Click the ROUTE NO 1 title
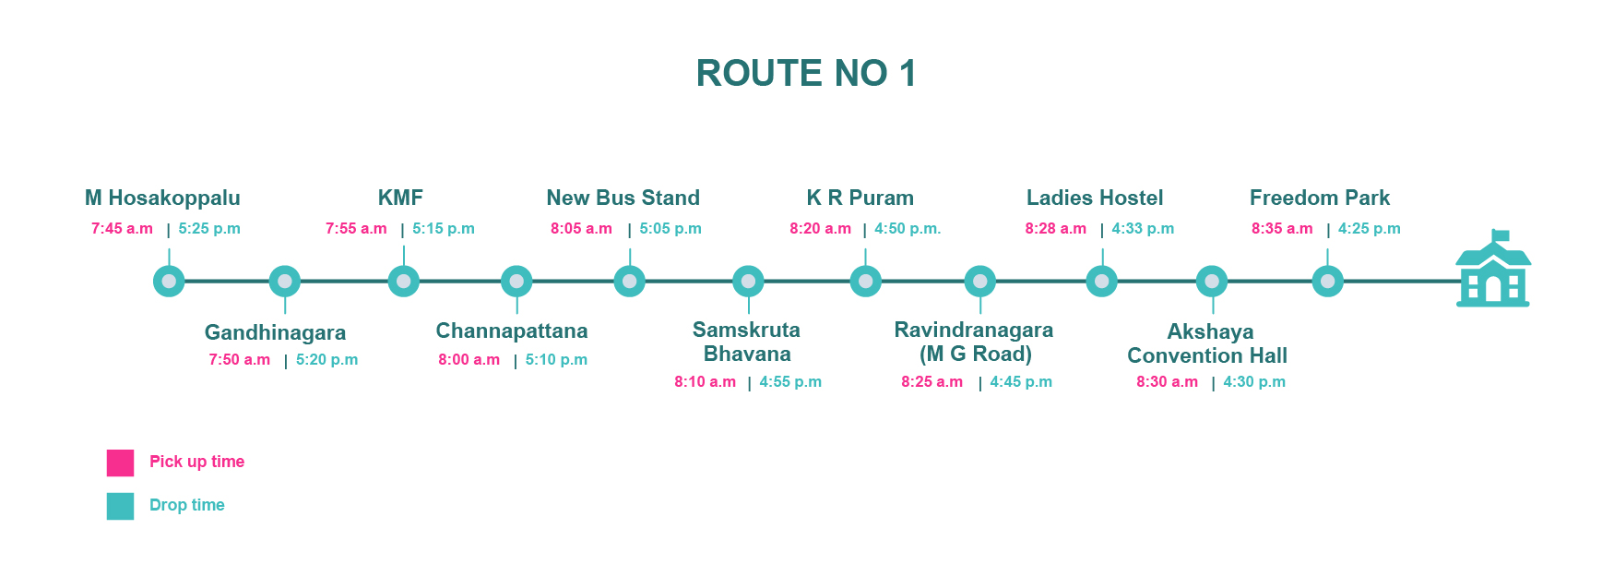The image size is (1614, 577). point(806,73)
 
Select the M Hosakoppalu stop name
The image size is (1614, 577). point(162,198)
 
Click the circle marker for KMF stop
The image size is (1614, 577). point(403,281)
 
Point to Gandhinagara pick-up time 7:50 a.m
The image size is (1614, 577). point(240,360)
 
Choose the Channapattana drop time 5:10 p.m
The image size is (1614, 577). point(556,360)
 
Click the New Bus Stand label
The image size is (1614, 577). point(623,198)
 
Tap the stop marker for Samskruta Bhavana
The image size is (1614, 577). point(748,281)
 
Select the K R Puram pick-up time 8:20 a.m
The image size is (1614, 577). point(820,229)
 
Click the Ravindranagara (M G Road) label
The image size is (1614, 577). point(974,342)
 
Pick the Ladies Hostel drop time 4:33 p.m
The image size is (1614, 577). point(1143,229)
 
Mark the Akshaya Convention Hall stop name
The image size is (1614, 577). point(1207,343)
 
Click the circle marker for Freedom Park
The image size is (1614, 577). point(1327,281)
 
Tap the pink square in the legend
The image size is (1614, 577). point(120,463)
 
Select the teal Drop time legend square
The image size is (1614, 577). point(120,506)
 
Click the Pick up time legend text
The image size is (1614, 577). point(196,462)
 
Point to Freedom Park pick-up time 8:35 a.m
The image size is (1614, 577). point(1282,229)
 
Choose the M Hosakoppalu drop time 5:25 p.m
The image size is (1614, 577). point(209,229)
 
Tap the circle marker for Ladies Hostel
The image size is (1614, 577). point(1101,281)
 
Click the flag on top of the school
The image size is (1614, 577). point(1501,234)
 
